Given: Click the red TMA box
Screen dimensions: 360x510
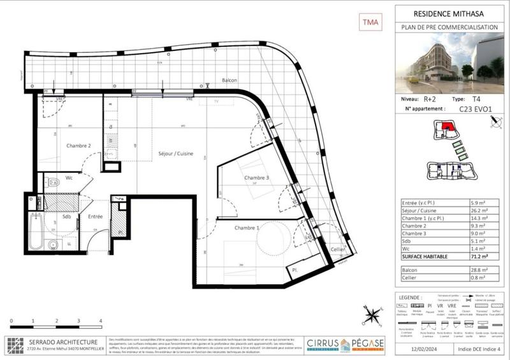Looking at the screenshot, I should point(370,22).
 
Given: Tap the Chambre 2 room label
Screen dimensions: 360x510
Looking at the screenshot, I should point(79,146).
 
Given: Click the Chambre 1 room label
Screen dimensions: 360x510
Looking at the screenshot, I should point(247,227).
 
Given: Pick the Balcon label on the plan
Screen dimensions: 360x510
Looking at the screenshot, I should point(229,80).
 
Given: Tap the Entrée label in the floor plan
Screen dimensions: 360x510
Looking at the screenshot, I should point(96,217).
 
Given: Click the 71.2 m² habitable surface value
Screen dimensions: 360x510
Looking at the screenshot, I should point(472,257).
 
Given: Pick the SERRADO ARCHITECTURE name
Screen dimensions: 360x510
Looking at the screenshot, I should point(61,342).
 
